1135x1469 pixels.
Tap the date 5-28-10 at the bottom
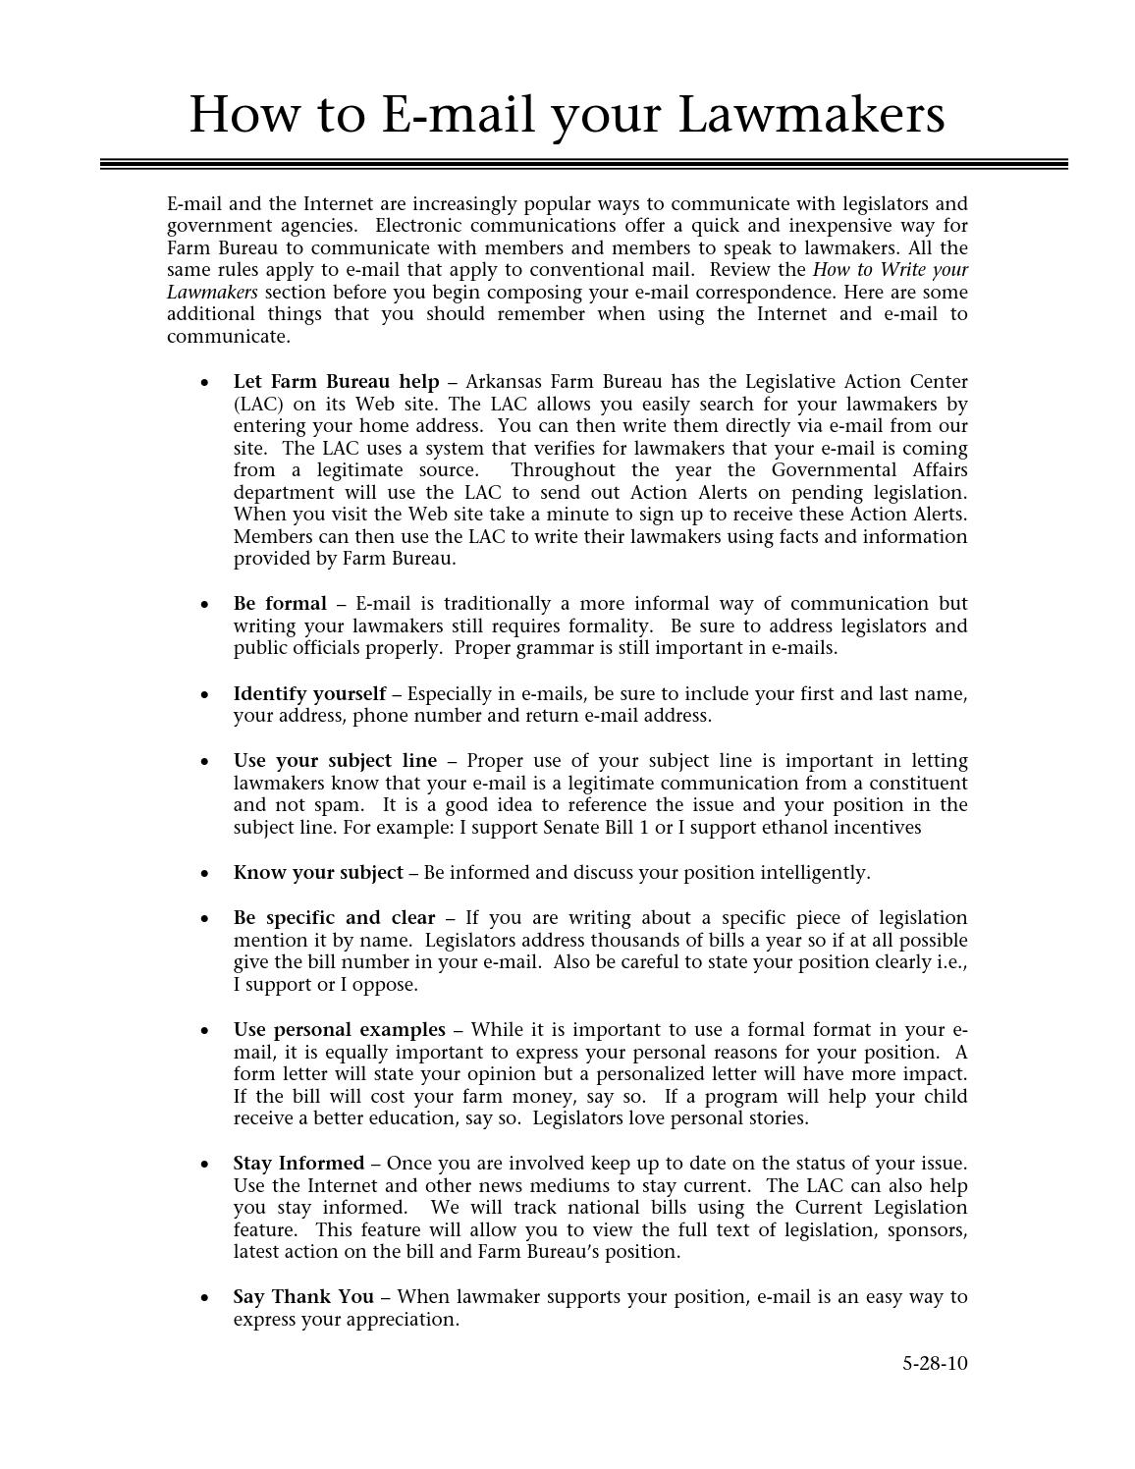935,1363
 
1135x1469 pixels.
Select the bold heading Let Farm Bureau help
336,381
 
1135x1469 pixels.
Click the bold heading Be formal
280,603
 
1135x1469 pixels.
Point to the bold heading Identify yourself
309,693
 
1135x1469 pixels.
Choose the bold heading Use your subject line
335,760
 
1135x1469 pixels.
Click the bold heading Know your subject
317,872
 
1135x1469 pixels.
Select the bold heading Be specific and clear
334,917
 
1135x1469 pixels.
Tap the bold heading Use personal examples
339,1029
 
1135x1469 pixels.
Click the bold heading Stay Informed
298,1163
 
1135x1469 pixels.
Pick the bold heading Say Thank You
303,1296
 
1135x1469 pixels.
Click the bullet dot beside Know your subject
204,873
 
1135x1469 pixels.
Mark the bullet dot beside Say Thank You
204,1297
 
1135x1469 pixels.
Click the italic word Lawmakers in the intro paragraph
212,292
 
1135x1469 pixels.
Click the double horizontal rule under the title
583,164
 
